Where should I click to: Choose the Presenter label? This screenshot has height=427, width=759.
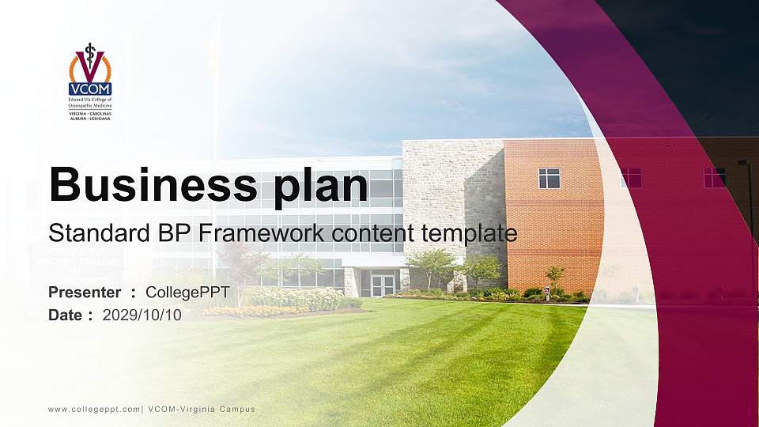click(85, 293)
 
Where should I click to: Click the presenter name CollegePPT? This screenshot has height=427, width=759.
click(187, 293)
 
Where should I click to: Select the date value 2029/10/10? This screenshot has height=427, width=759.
click(142, 315)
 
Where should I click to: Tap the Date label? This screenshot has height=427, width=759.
click(66, 315)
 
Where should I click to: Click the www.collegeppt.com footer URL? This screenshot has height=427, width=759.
click(93, 409)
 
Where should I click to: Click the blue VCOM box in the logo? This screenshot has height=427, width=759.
click(90, 89)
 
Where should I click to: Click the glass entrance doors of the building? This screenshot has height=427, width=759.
click(383, 284)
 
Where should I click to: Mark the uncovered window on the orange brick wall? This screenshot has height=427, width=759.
click(549, 178)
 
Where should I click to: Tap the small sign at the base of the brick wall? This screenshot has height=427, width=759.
click(546, 290)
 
